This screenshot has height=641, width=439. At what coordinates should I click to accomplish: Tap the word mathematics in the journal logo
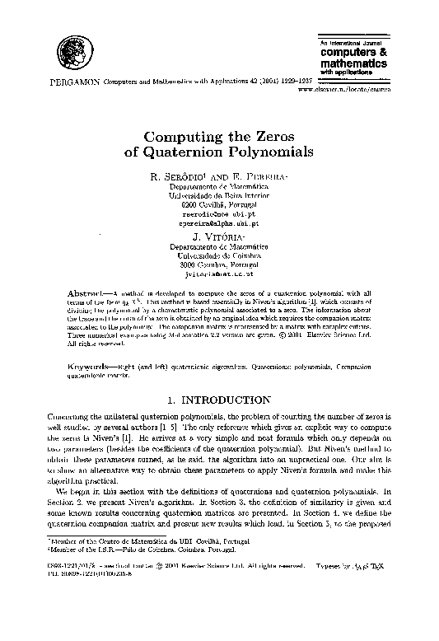[x=353, y=63]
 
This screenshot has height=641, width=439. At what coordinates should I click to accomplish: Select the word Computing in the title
[x=181, y=137]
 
